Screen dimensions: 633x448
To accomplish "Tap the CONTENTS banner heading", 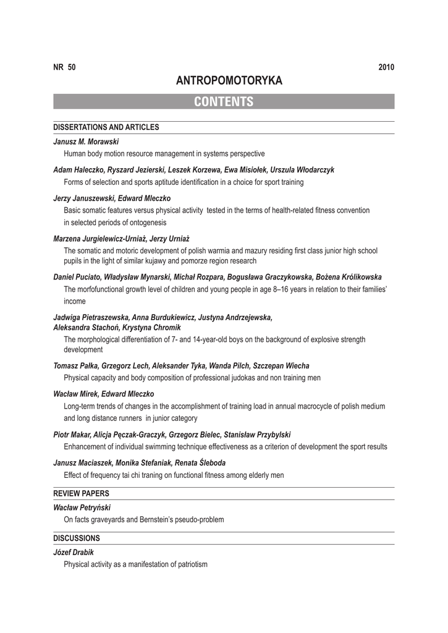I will click(x=224, y=102).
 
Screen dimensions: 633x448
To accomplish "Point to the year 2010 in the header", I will click(x=386, y=67).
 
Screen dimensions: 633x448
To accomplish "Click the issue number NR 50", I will click(x=64, y=67).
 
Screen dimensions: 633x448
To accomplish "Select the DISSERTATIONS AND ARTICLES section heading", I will click(x=106, y=127).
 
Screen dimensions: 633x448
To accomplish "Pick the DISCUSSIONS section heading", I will click(x=77, y=538).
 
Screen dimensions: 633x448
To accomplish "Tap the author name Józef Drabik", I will click(x=74, y=551).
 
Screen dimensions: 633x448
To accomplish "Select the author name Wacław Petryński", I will click(x=82, y=507).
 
